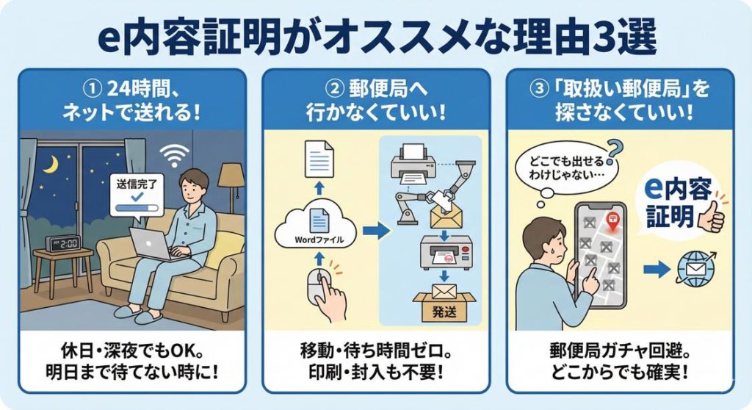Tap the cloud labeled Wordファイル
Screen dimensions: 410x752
pos(315,229)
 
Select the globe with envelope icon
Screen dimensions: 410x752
pos(695,268)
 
